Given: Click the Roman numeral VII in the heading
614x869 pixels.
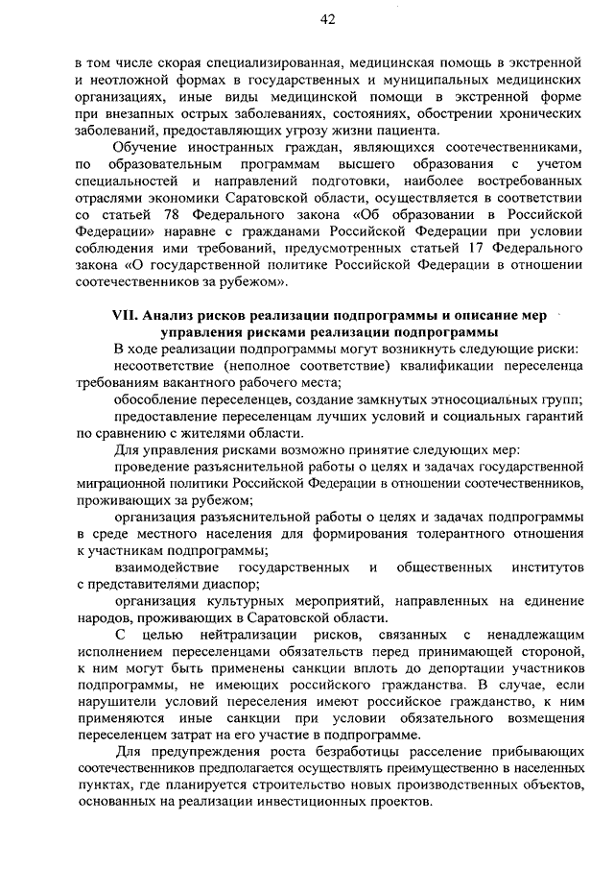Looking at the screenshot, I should pyautogui.click(x=127, y=316).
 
